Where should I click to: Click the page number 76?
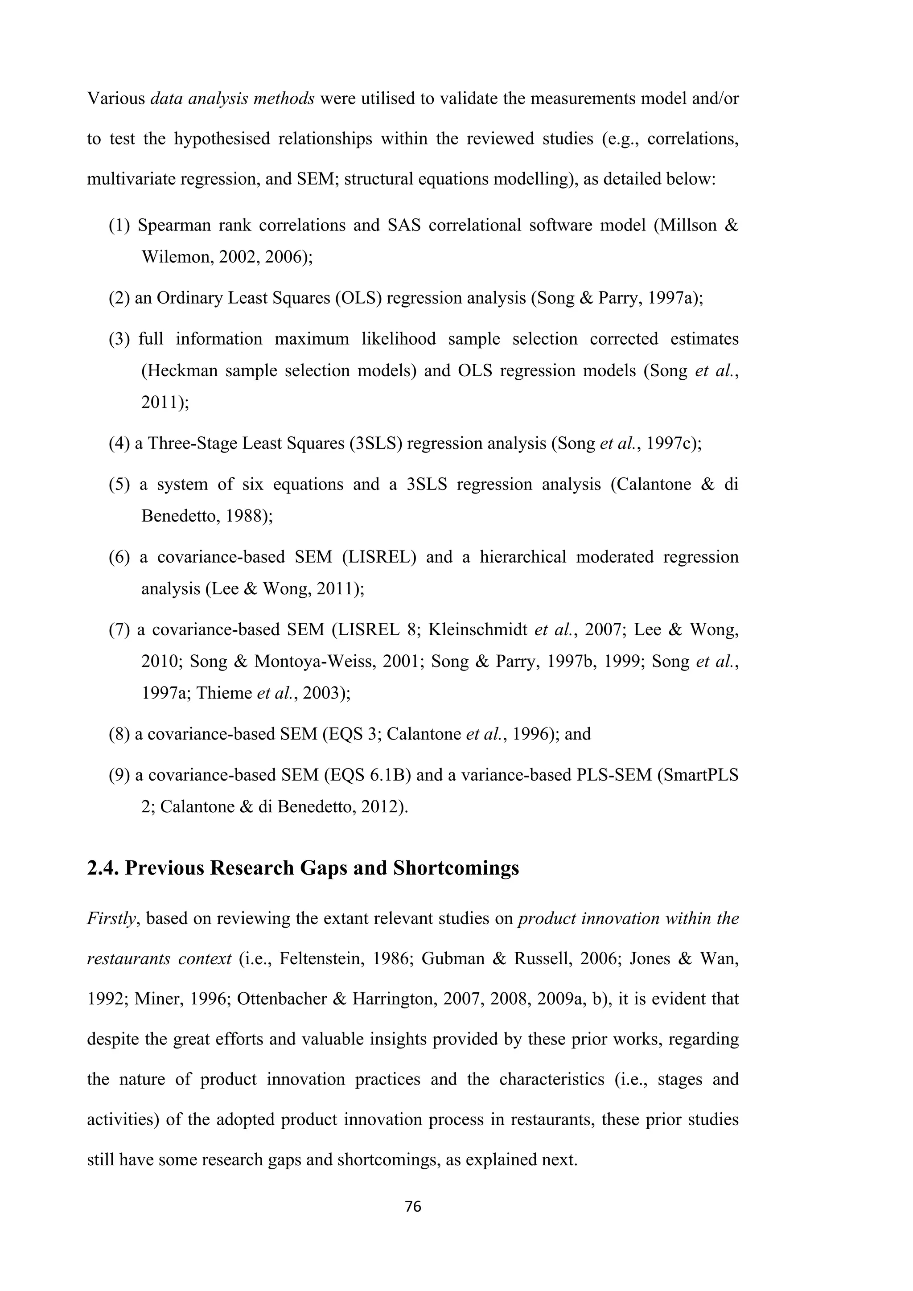pos(413,1207)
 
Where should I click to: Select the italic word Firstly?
pos(112,919)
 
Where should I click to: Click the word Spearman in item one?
pos(174,226)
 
